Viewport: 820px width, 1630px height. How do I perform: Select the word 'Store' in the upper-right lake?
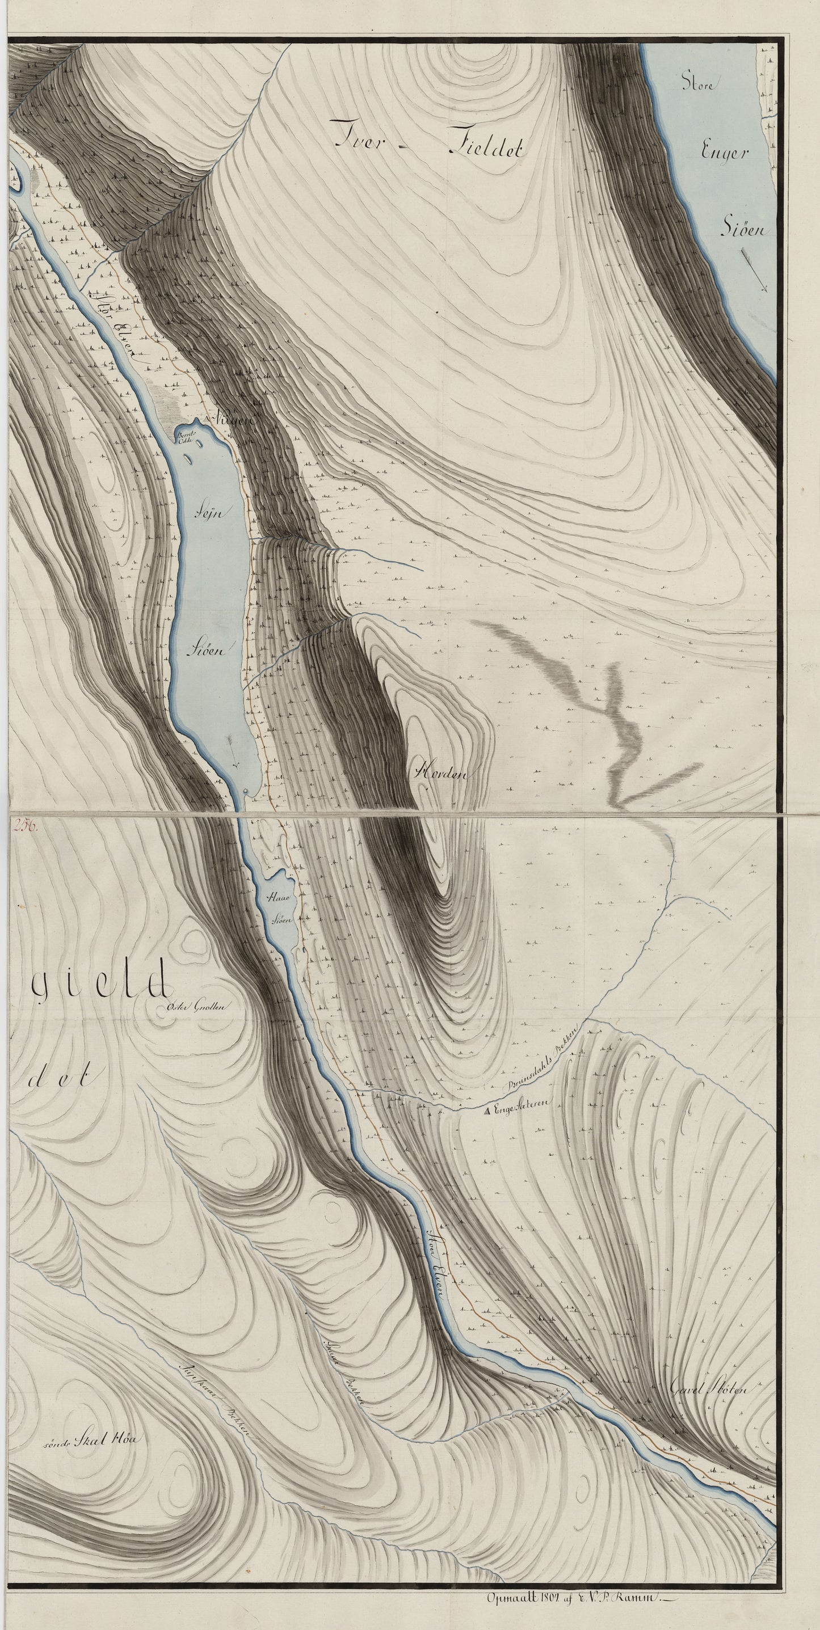coord(698,83)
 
